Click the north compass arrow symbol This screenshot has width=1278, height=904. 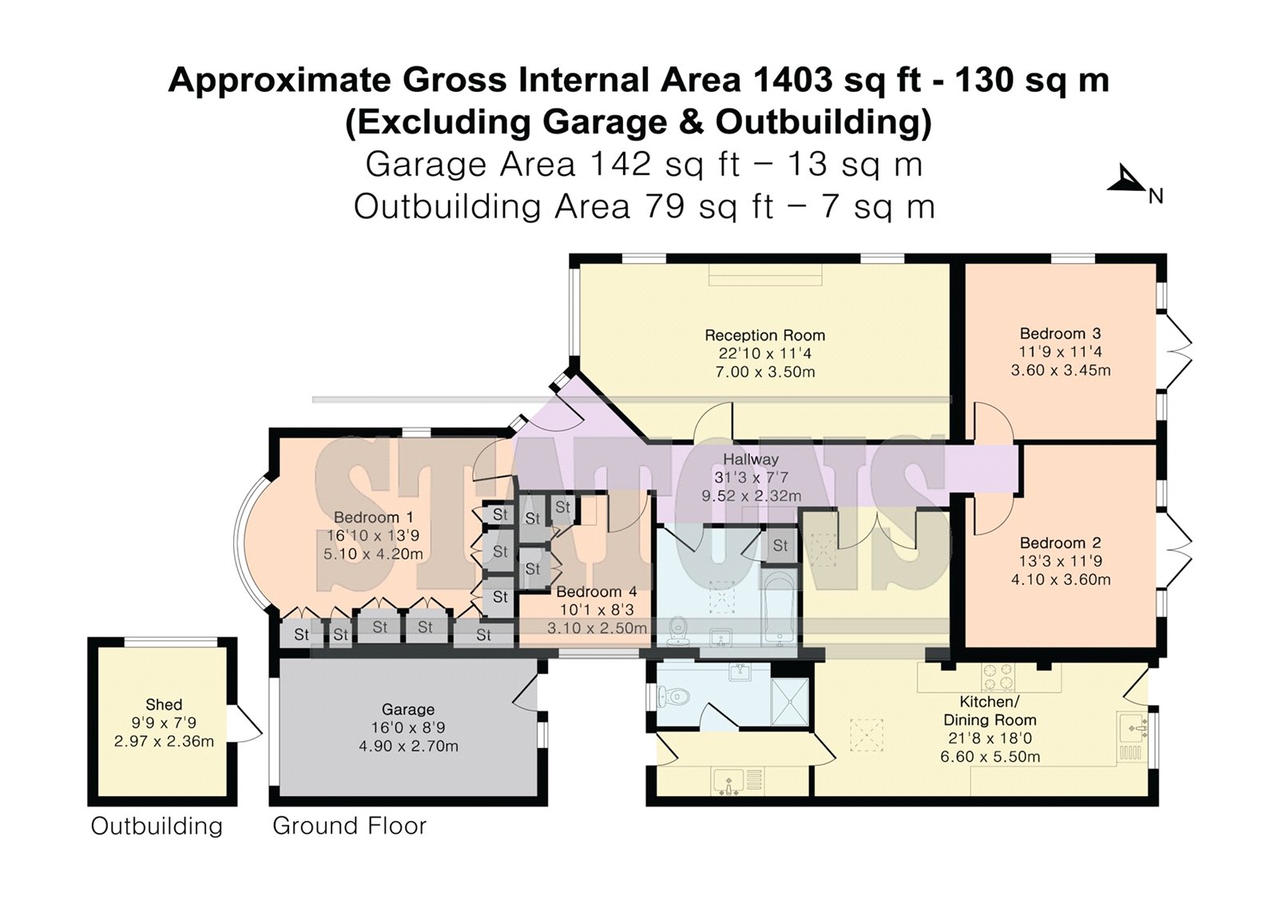pyautogui.click(x=1127, y=181)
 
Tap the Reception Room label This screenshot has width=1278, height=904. pyautogui.click(x=764, y=335)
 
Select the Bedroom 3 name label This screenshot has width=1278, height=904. pyautogui.click(x=1060, y=333)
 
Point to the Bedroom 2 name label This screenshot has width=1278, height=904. pyautogui.click(x=1060, y=543)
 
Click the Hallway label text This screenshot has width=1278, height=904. pyautogui.click(x=751, y=460)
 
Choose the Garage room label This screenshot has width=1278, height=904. pyautogui.click(x=408, y=710)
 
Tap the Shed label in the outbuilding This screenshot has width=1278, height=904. pyautogui.click(x=164, y=705)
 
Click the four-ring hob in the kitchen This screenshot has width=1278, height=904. pyautogui.click(x=998, y=677)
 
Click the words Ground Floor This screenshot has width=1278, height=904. pyautogui.click(x=349, y=826)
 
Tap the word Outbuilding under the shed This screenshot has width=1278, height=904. pyautogui.click(x=157, y=826)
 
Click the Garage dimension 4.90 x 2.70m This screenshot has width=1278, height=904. pyautogui.click(x=408, y=747)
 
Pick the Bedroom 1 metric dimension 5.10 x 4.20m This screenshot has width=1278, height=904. pyautogui.click(x=373, y=554)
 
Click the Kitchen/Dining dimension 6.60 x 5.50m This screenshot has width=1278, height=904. pyautogui.click(x=990, y=757)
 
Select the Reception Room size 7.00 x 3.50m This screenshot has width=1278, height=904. pyautogui.click(x=764, y=372)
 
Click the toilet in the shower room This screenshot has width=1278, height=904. pyautogui.click(x=673, y=696)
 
